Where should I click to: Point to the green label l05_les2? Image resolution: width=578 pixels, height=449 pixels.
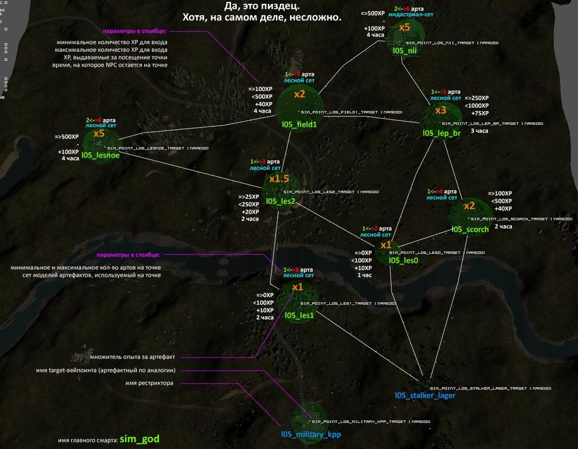point(281,201)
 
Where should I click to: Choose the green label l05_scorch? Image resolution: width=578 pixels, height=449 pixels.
point(470,229)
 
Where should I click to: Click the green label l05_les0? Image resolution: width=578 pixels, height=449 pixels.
point(403,260)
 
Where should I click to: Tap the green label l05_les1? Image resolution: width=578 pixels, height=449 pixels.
point(299,315)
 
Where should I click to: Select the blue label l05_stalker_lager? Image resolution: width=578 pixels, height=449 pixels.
point(425,396)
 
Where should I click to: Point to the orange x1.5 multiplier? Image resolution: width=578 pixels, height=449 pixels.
point(279,179)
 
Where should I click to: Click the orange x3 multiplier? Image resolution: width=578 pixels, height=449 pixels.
point(441,110)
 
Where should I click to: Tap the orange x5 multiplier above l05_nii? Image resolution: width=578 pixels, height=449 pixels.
point(405,27)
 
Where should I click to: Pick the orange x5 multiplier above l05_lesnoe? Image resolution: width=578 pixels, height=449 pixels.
point(99,134)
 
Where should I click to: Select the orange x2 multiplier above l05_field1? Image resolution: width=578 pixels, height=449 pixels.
point(299,94)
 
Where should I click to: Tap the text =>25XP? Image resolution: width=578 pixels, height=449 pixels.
point(249,196)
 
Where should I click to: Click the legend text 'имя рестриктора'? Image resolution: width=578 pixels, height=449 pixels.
point(150,383)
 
